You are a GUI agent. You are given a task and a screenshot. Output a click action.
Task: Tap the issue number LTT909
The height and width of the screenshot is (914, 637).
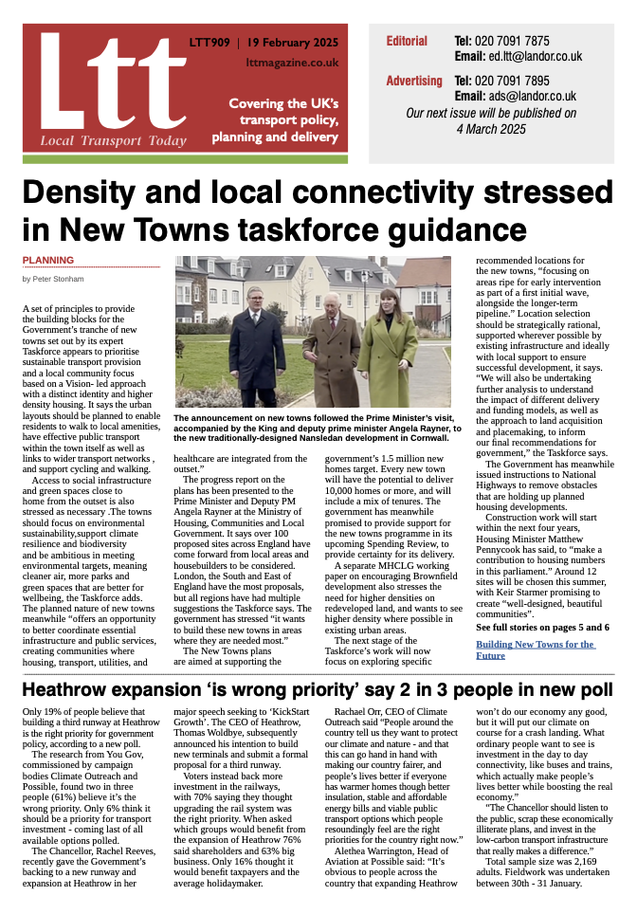pyautogui.click(x=208, y=42)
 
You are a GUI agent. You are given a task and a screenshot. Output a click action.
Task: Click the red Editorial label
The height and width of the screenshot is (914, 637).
pyautogui.click(x=407, y=42)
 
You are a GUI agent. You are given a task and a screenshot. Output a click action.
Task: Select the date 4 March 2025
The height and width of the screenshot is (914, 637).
pyautogui.click(x=490, y=128)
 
